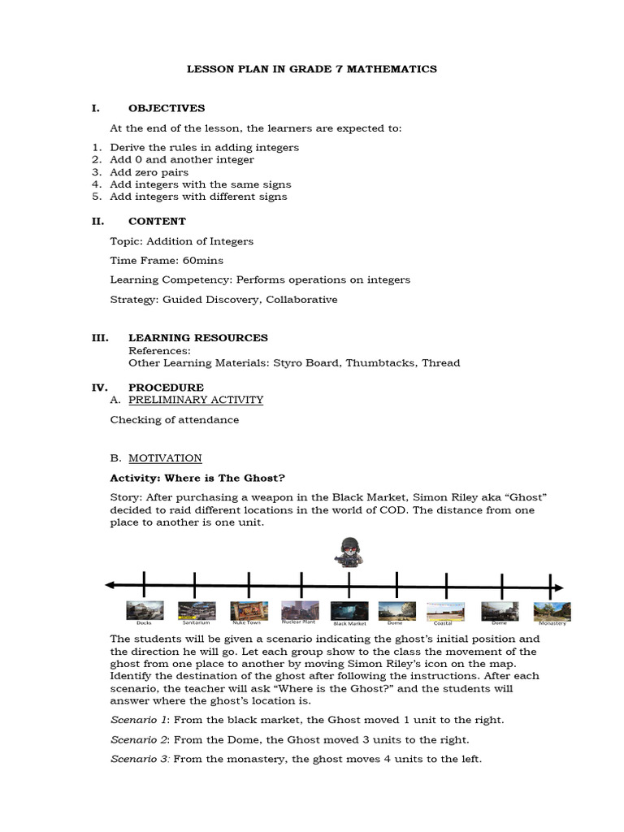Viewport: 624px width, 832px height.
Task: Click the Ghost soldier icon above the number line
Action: pyautogui.click(x=348, y=552)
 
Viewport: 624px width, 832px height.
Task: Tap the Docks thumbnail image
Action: pyautogui.click(x=145, y=609)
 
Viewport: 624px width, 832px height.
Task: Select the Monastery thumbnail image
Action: pyautogui.click(x=552, y=610)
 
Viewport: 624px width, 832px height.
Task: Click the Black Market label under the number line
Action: pyautogui.click(x=350, y=623)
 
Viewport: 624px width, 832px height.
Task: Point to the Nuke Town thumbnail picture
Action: pyautogui.click(x=249, y=609)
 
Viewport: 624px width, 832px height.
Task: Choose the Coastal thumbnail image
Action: pyautogui.click(x=445, y=610)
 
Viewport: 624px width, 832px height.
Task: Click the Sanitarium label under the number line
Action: pyautogui.click(x=196, y=623)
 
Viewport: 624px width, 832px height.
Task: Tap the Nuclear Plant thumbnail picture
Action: pyautogui.click(x=299, y=609)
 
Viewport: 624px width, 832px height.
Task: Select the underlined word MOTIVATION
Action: pyautogui.click(x=165, y=458)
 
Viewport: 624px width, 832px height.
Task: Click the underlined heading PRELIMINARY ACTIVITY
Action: pyautogui.click(x=196, y=400)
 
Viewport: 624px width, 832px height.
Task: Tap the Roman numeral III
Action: pyautogui.click(x=100, y=338)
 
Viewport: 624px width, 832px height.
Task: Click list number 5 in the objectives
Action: pyautogui.click(x=96, y=197)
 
